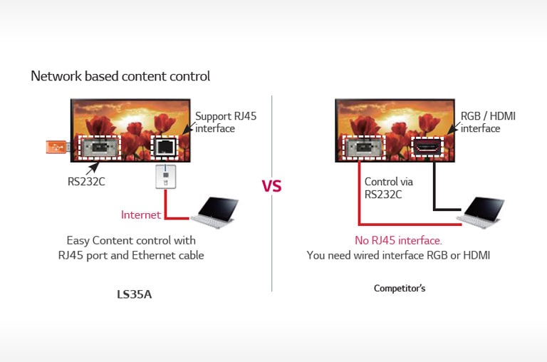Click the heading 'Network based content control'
tap(120, 76)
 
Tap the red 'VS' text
tap(271, 187)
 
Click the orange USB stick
tap(56, 147)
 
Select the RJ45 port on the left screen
tap(164, 148)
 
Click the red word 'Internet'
tap(141, 214)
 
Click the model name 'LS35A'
tap(135, 294)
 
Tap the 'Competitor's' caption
tap(400, 289)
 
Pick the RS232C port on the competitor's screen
tap(363, 148)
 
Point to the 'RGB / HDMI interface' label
tap(489, 122)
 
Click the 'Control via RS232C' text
tap(388, 187)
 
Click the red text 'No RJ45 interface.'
tap(398, 240)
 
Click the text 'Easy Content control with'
tap(130, 241)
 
